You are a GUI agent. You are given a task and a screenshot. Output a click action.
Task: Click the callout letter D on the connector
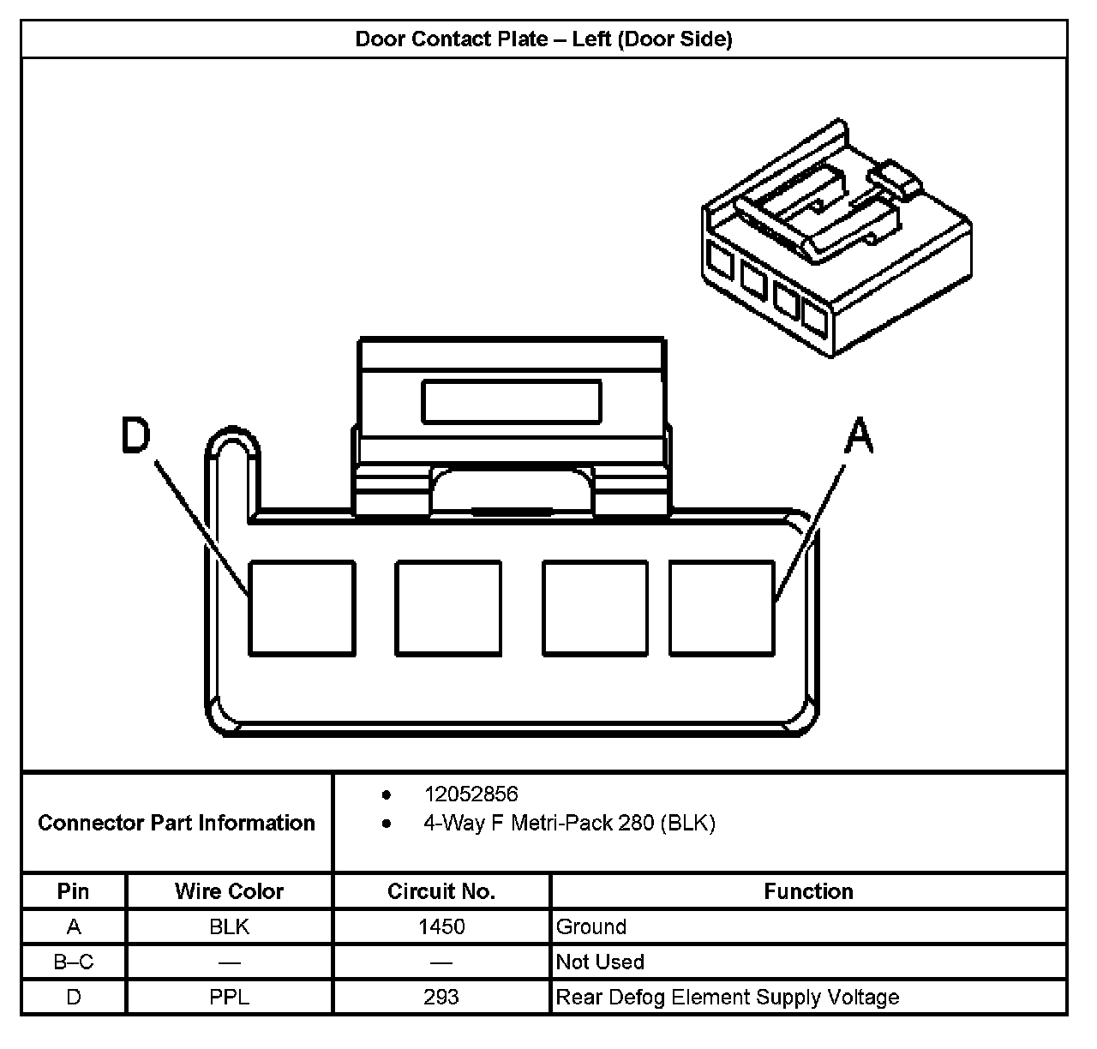[135, 435]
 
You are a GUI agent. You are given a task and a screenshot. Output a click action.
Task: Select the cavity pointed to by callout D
[302, 608]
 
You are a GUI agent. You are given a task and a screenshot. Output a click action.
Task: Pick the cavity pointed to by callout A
[722, 608]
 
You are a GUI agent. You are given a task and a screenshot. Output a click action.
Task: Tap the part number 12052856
[471, 794]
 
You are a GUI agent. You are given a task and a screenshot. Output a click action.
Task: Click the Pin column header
[74, 891]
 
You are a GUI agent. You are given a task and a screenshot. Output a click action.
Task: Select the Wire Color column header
[229, 891]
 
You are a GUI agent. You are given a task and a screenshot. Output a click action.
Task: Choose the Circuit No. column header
[441, 891]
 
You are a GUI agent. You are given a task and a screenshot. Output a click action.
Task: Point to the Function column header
[808, 891]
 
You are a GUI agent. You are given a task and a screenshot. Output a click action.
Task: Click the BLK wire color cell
[229, 926]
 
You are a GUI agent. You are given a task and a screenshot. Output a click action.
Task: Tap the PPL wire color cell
[229, 997]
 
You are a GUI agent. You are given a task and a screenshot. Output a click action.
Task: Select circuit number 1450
[441, 926]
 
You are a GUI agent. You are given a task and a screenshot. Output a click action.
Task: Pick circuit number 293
[441, 997]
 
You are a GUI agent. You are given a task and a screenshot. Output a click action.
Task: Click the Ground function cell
[591, 926]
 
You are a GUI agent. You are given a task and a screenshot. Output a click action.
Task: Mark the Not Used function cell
[600, 962]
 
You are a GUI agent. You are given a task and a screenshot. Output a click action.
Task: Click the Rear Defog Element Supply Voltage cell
[728, 997]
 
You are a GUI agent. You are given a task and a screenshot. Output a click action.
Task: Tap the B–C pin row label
[74, 962]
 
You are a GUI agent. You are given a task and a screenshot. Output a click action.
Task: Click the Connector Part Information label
[177, 823]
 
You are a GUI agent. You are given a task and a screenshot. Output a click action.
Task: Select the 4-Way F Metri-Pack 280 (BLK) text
[569, 824]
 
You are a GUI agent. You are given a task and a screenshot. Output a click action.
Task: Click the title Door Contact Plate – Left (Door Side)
[543, 39]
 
